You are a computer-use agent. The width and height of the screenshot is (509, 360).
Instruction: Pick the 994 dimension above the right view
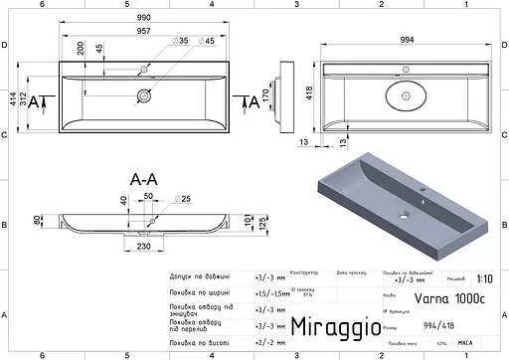tap(408, 37)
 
